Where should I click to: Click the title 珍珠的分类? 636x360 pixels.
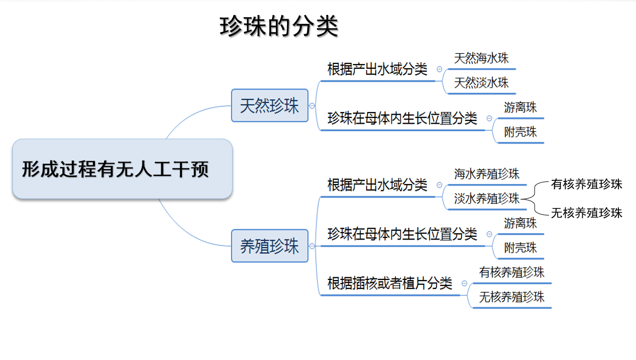279,27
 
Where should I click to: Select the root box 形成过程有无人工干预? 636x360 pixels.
122,169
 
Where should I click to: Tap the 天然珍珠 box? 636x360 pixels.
270,106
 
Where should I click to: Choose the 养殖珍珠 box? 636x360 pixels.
270,246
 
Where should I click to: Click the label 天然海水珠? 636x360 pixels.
481,58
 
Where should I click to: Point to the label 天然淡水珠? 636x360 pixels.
481,83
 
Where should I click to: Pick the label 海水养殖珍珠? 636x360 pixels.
487,174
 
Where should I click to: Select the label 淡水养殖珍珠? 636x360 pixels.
487,198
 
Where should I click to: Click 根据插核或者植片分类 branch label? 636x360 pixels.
390,283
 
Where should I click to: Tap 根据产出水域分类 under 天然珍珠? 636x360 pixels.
377,69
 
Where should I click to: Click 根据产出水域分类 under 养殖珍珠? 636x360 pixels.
377,185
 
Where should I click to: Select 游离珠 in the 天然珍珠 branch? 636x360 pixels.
520,107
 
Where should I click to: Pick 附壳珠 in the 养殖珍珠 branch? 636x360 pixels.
520,247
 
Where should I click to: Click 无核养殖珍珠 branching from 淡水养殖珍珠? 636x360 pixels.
586,213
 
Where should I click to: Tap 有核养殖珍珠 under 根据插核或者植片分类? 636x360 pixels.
512,273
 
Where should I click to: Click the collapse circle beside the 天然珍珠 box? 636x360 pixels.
312,106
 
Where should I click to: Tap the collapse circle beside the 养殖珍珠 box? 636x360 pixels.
312,246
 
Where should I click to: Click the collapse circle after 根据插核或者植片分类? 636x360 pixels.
464,283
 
